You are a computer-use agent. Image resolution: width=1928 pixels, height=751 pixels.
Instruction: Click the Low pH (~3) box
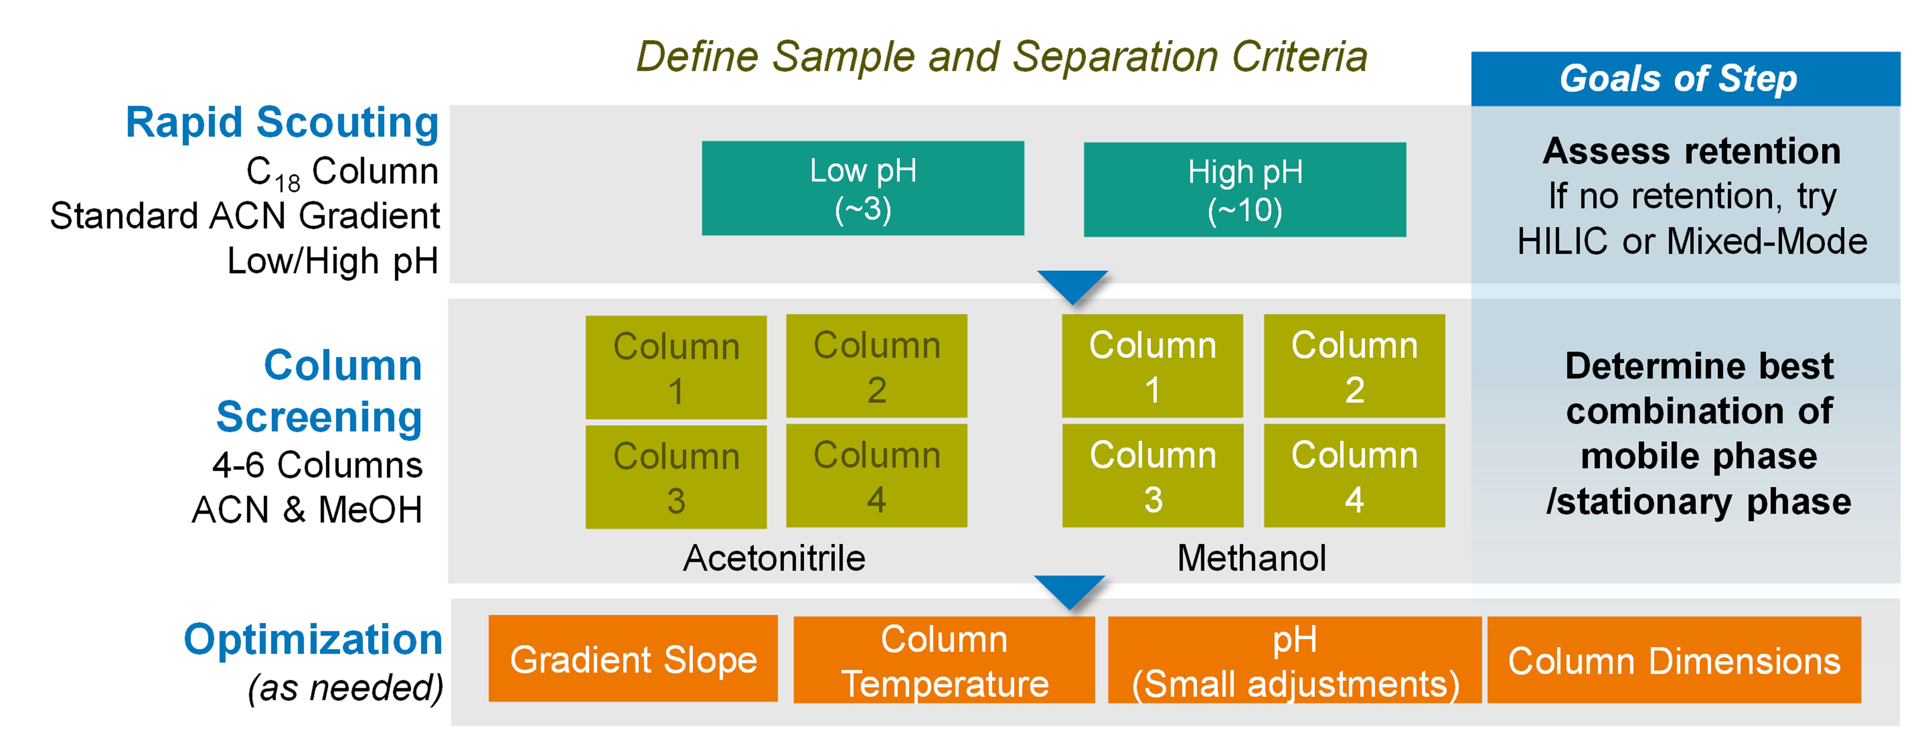(x=863, y=189)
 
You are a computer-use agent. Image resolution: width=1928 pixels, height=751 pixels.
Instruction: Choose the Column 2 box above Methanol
(x=1354, y=366)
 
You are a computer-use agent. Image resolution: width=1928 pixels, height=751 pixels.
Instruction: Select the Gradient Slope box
(x=633, y=659)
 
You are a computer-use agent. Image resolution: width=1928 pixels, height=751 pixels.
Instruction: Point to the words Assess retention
(x=1691, y=151)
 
